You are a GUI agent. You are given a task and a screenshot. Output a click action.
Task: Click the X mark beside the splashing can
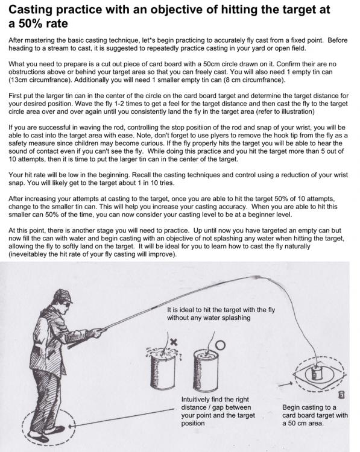coord(174,342)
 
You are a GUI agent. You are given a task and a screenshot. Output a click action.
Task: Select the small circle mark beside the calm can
coord(220,345)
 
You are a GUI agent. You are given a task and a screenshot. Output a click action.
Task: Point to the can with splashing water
coord(163,369)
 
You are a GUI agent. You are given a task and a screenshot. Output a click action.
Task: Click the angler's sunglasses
coord(68,304)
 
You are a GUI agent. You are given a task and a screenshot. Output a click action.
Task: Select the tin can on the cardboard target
coord(316,373)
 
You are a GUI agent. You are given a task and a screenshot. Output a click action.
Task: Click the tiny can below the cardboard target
coord(341,395)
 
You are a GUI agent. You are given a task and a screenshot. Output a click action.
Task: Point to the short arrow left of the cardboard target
coord(285,385)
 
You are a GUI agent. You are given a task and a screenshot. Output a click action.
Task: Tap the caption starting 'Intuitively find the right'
coord(218,412)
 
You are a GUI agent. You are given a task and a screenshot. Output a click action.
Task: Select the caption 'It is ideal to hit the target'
coord(221,313)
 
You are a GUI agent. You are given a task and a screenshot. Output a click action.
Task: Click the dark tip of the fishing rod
coord(256,278)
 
